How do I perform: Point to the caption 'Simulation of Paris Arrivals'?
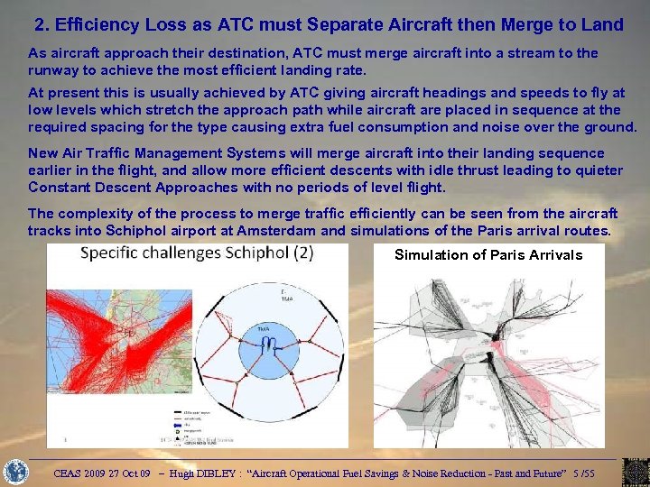click(x=488, y=255)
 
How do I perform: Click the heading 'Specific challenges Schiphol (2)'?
click(x=197, y=253)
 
